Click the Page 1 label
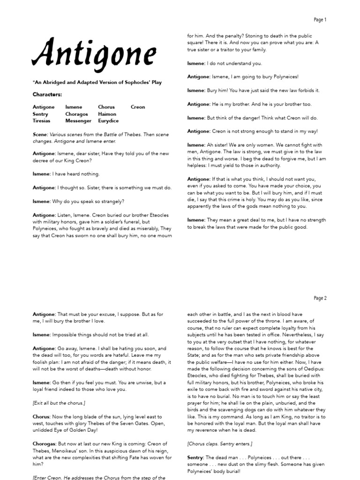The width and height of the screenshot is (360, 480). click(320, 20)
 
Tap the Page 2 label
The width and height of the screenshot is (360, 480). click(320, 298)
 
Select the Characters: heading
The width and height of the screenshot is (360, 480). click(47, 94)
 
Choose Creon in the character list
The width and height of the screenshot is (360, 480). click(138, 107)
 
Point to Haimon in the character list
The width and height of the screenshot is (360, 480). click(107, 114)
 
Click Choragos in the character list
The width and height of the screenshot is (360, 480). click(77, 114)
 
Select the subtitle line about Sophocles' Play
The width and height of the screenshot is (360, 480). click(97, 82)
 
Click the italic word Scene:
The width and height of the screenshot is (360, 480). click(40, 134)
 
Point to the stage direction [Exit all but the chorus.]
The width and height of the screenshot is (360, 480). click(59, 403)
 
